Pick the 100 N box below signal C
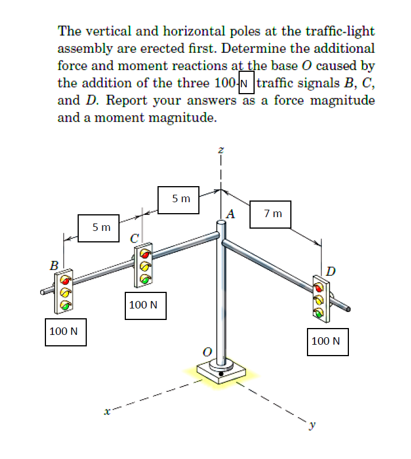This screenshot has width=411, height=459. pyautogui.click(x=144, y=304)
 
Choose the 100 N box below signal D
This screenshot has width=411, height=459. pyautogui.click(x=326, y=341)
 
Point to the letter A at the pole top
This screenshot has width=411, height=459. pyautogui.click(x=231, y=215)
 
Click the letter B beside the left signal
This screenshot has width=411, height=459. pyautogui.click(x=53, y=265)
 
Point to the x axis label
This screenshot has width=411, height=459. pyautogui.click(x=106, y=411)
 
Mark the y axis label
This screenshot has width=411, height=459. pyautogui.click(x=313, y=426)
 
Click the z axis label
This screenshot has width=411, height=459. pyautogui.click(x=220, y=151)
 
